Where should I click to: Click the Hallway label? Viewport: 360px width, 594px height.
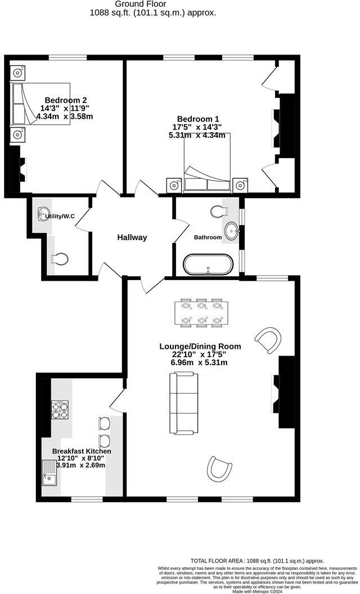[132, 237]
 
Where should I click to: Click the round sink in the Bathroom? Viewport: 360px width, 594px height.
[232, 230]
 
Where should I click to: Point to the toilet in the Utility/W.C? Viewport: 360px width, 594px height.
[59, 258]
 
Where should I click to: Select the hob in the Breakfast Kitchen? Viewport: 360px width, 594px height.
[60, 409]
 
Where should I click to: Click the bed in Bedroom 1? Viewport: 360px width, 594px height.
[207, 169]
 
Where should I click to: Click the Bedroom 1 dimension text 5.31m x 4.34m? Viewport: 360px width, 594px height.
[197, 135]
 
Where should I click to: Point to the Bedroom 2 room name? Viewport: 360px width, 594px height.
[64, 100]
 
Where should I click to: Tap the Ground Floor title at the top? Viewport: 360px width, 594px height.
[152, 3]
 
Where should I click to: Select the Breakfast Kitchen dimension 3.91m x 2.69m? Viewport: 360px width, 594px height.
[82, 465]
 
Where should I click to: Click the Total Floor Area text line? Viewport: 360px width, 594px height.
[257, 561]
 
